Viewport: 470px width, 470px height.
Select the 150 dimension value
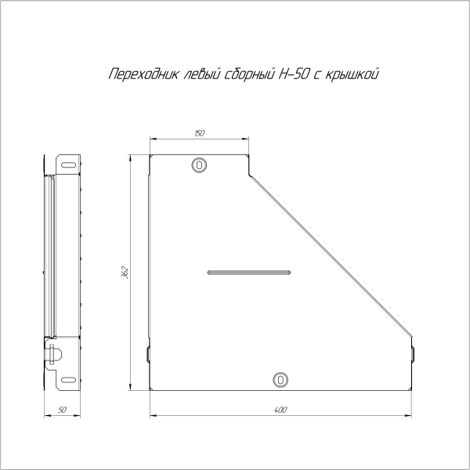[199, 134]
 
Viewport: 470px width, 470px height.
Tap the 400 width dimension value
[281, 410]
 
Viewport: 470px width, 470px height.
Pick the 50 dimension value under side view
[63, 410]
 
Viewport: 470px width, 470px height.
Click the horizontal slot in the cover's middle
[249, 273]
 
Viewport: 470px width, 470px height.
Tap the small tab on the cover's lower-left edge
[147, 353]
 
